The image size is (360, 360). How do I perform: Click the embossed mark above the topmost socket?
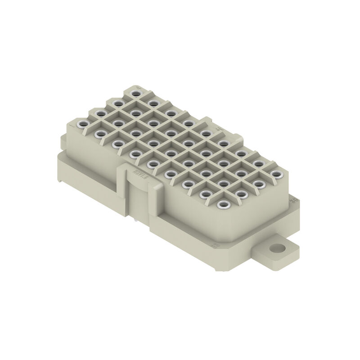coord(138,86)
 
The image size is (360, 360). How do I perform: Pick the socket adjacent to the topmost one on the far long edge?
coord(153,103)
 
